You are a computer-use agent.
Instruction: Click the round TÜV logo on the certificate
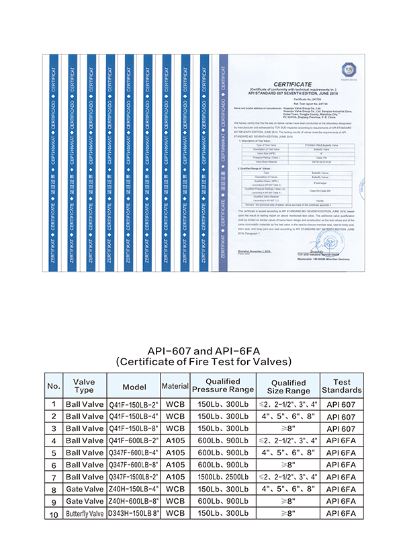point(350,71)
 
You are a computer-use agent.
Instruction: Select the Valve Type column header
point(84,385)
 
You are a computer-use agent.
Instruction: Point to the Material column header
point(175,387)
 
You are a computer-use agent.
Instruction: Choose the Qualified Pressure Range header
point(223,385)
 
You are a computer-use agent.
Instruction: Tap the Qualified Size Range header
point(288,386)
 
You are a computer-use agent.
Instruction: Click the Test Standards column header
point(341,385)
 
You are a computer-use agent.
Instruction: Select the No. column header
point(54,387)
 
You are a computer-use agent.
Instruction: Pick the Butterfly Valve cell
point(84,514)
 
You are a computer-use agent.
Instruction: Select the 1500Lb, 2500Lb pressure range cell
point(223,477)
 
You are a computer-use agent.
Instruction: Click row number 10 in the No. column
point(54,514)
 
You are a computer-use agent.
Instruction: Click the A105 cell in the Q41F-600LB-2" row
point(175,440)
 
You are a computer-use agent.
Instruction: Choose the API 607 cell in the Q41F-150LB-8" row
point(341,428)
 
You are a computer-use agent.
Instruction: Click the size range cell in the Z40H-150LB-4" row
point(288,489)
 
